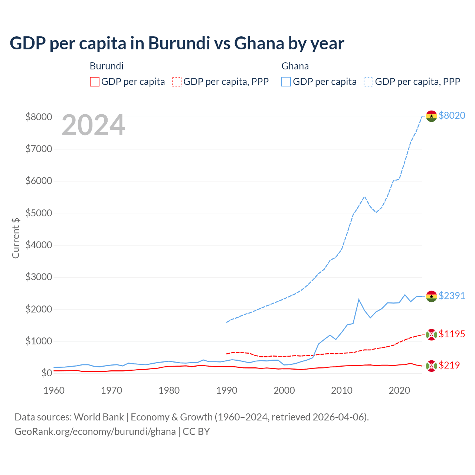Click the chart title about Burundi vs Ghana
pyautogui.click(x=177, y=43)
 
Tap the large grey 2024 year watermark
pyautogui.click(x=93, y=125)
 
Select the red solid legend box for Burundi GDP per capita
pyautogui.click(x=95, y=82)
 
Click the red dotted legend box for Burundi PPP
pyautogui.click(x=177, y=82)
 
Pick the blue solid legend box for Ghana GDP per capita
pyautogui.click(x=286, y=82)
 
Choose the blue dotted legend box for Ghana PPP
pyautogui.click(x=368, y=82)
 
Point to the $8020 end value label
pyautogui.click(x=452, y=115)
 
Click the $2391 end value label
pyautogui.click(x=452, y=296)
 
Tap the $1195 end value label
pyautogui.click(x=452, y=334)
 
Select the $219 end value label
pyautogui.click(x=449, y=365)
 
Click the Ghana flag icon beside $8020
pyautogui.click(x=431, y=116)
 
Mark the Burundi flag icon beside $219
pyautogui.click(x=431, y=366)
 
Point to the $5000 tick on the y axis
pyautogui.click(x=39, y=213)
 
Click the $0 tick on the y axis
pyautogui.click(x=46, y=373)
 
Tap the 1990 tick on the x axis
pyautogui.click(x=227, y=390)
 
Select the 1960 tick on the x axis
pyautogui.click(x=54, y=390)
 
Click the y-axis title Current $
pyautogui.click(x=16, y=238)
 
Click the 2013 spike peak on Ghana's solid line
pyautogui.click(x=359, y=299)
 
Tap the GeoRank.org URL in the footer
pyautogui.click(x=95, y=432)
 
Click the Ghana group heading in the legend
pyautogui.click(x=295, y=66)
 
